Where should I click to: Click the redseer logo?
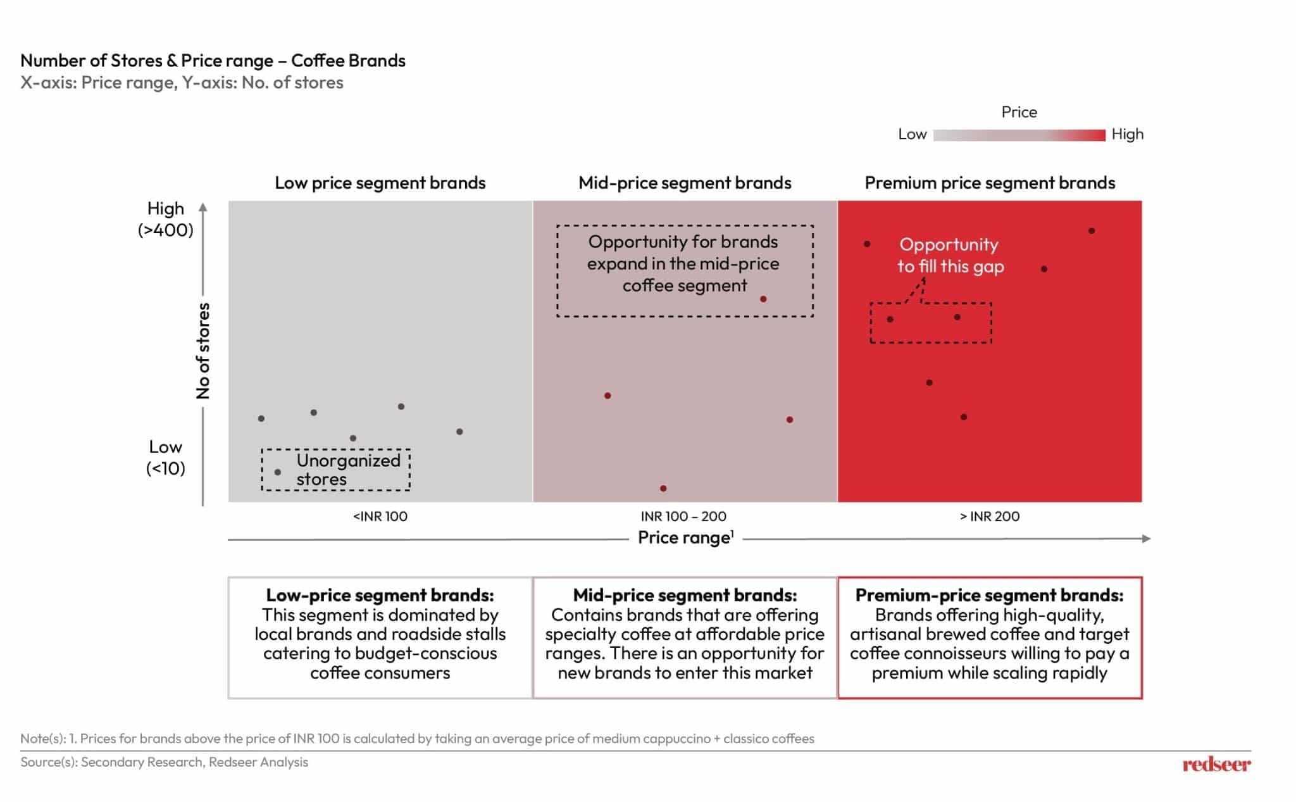(x=1216, y=764)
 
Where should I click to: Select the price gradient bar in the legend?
(x=1019, y=135)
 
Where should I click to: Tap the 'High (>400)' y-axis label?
(x=166, y=219)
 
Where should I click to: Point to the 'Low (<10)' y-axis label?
(x=166, y=458)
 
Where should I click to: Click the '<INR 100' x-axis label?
(x=380, y=517)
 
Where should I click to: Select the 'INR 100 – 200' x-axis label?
(x=683, y=517)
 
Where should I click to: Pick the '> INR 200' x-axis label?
(x=990, y=517)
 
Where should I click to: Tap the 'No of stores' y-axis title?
(x=203, y=351)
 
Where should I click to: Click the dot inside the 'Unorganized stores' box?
(x=277, y=472)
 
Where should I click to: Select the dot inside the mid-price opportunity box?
(x=763, y=299)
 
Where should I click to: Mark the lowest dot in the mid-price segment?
(x=663, y=489)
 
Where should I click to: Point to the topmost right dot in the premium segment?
(x=1092, y=231)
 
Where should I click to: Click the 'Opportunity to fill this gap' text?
(x=950, y=256)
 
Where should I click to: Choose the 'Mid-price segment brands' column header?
(x=685, y=183)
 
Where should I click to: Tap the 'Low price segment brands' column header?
(x=380, y=183)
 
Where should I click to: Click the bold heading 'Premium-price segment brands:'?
(x=989, y=595)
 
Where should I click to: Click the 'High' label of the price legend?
(x=1128, y=134)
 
